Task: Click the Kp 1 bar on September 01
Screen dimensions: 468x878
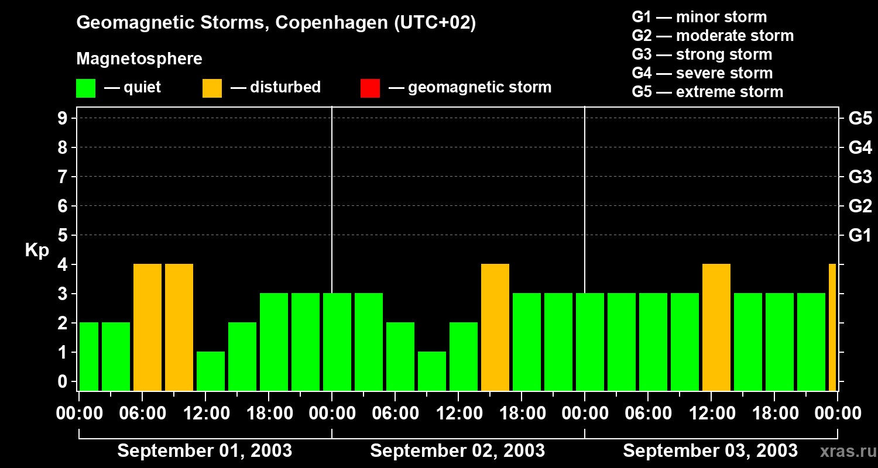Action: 211,371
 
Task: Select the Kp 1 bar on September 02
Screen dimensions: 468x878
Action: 432,371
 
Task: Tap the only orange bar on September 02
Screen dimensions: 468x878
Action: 495,328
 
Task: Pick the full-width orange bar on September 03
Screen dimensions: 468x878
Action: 716,328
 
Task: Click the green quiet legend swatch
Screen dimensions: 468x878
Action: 86,88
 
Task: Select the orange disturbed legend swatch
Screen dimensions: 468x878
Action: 212,88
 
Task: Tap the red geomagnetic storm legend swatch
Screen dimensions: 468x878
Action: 371,88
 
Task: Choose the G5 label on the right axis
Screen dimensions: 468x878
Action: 860,118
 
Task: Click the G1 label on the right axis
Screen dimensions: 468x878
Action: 860,235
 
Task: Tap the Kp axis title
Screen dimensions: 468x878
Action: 37,250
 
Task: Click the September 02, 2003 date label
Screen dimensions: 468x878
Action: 458,450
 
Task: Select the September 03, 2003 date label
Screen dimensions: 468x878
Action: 710,450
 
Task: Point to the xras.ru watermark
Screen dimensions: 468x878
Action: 848,451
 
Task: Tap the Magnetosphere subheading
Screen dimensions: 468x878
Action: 139,58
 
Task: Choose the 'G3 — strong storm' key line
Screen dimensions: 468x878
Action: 702,54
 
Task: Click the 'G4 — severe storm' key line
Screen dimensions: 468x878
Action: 702,73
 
